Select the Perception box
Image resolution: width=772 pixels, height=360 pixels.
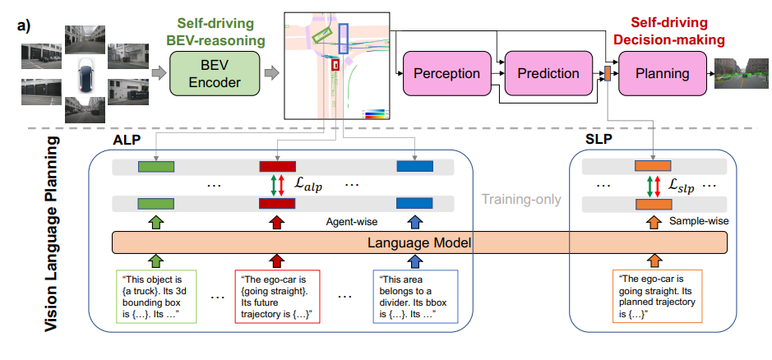446,73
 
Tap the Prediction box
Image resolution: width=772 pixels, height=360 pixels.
548,73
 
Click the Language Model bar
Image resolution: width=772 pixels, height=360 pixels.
420,242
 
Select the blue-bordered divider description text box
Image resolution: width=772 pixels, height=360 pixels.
414,297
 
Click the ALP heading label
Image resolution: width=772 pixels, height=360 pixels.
124,138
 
